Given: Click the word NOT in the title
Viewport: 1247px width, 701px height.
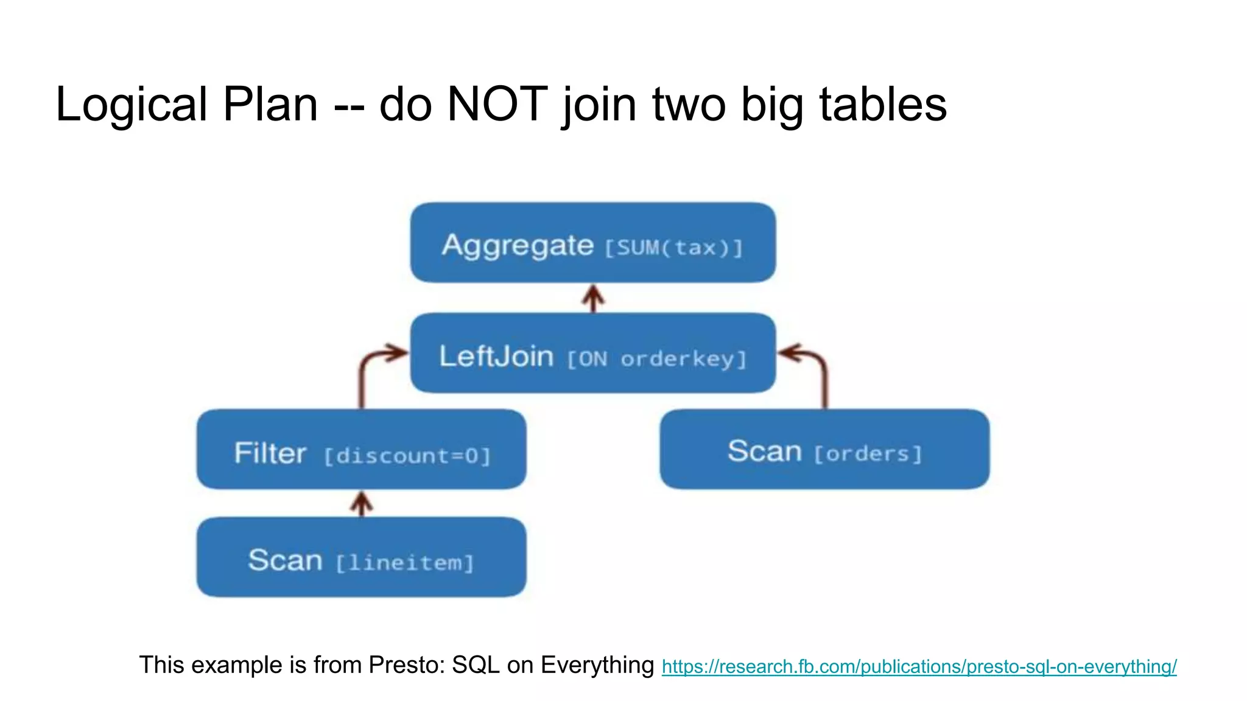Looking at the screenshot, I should click(497, 104).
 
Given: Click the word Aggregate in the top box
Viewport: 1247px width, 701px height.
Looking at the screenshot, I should click(518, 245).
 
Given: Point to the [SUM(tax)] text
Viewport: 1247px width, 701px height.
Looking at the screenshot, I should click(673, 248).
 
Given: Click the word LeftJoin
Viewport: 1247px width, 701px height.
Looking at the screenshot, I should click(496, 356).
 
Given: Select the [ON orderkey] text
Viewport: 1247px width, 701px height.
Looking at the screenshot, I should click(656, 359).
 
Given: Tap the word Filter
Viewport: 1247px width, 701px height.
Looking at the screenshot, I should click(270, 453).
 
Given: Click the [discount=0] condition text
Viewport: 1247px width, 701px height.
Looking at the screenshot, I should click(407, 456).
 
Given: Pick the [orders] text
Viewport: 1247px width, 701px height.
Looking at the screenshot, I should click(868, 454).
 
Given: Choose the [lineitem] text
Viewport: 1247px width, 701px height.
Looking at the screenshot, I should click(404, 563).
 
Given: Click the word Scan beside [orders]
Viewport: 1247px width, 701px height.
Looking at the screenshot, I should click(764, 452).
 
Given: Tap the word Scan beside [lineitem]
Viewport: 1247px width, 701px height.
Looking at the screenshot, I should click(285, 560).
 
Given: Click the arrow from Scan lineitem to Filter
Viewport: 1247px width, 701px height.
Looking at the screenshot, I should click(362, 504).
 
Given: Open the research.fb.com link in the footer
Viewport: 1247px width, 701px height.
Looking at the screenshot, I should click(919, 667).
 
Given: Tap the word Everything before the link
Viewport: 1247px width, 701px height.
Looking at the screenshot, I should click(597, 665).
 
